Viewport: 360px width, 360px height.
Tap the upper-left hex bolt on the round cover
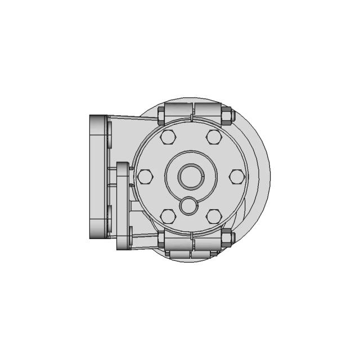click(168, 137)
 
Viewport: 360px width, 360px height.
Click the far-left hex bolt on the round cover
click(145, 177)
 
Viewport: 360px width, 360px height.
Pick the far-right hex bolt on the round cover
click(237, 177)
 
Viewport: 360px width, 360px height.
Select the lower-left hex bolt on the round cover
click(168, 216)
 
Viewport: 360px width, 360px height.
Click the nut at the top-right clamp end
click(227, 115)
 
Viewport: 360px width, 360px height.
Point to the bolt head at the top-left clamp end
click(161, 115)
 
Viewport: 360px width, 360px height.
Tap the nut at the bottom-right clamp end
click(227, 238)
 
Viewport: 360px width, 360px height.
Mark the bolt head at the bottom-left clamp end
click(161, 239)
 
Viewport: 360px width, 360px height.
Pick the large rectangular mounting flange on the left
click(98, 177)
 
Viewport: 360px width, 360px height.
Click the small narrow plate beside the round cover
click(123, 205)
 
